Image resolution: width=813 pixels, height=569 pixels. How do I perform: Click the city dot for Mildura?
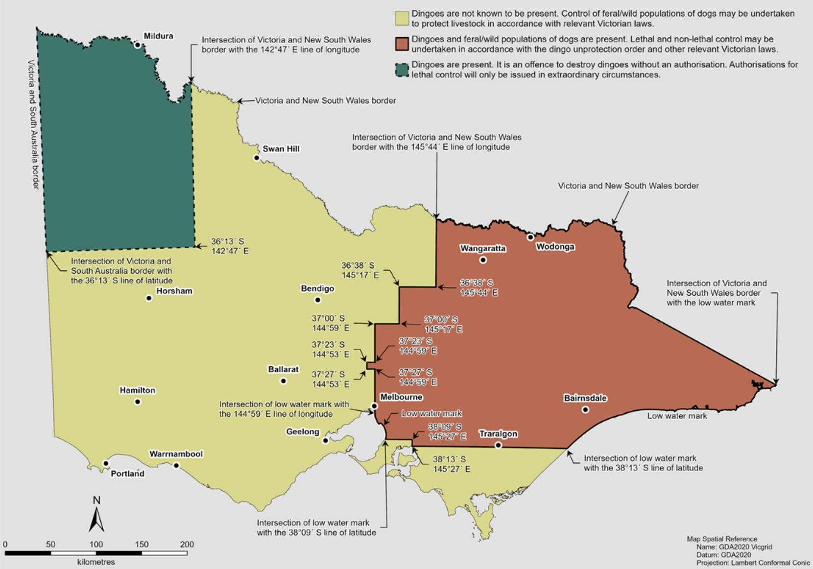[x=138, y=45]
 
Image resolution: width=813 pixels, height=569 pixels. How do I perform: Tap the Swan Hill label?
[x=281, y=149]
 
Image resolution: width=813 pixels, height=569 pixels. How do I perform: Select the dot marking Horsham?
[x=149, y=298]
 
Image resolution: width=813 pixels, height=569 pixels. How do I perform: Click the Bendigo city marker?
[x=317, y=300]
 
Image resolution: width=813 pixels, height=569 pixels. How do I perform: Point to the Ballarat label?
[x=283, y=369]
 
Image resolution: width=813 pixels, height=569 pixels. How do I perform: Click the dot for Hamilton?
[x=138, y=402]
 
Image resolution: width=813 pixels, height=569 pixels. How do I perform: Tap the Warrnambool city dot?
[x=176, y=465]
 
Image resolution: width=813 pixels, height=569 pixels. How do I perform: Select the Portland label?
[x=127, y=474]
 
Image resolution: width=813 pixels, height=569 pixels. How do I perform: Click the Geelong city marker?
[x=325, y=440]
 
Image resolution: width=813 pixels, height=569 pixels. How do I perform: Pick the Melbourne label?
[x=401, y=397]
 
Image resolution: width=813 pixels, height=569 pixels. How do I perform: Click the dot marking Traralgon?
[x=498, y=445]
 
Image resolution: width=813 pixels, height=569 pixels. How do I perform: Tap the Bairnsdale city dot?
[x=585, y=409]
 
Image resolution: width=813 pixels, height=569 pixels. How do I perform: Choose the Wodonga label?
[x=555, y=247]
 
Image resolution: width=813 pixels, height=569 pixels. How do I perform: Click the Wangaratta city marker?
[x=483, y=260]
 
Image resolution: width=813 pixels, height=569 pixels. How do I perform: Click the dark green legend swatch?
[x=402, y=70]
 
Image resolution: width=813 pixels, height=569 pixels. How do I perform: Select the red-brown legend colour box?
[x=402, y=44]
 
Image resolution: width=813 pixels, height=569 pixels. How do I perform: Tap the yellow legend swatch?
[x=402, y=19]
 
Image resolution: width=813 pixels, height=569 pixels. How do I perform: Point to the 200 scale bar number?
[x=187, y=544]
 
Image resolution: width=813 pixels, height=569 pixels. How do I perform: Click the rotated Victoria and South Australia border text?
[x=33, y=124]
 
